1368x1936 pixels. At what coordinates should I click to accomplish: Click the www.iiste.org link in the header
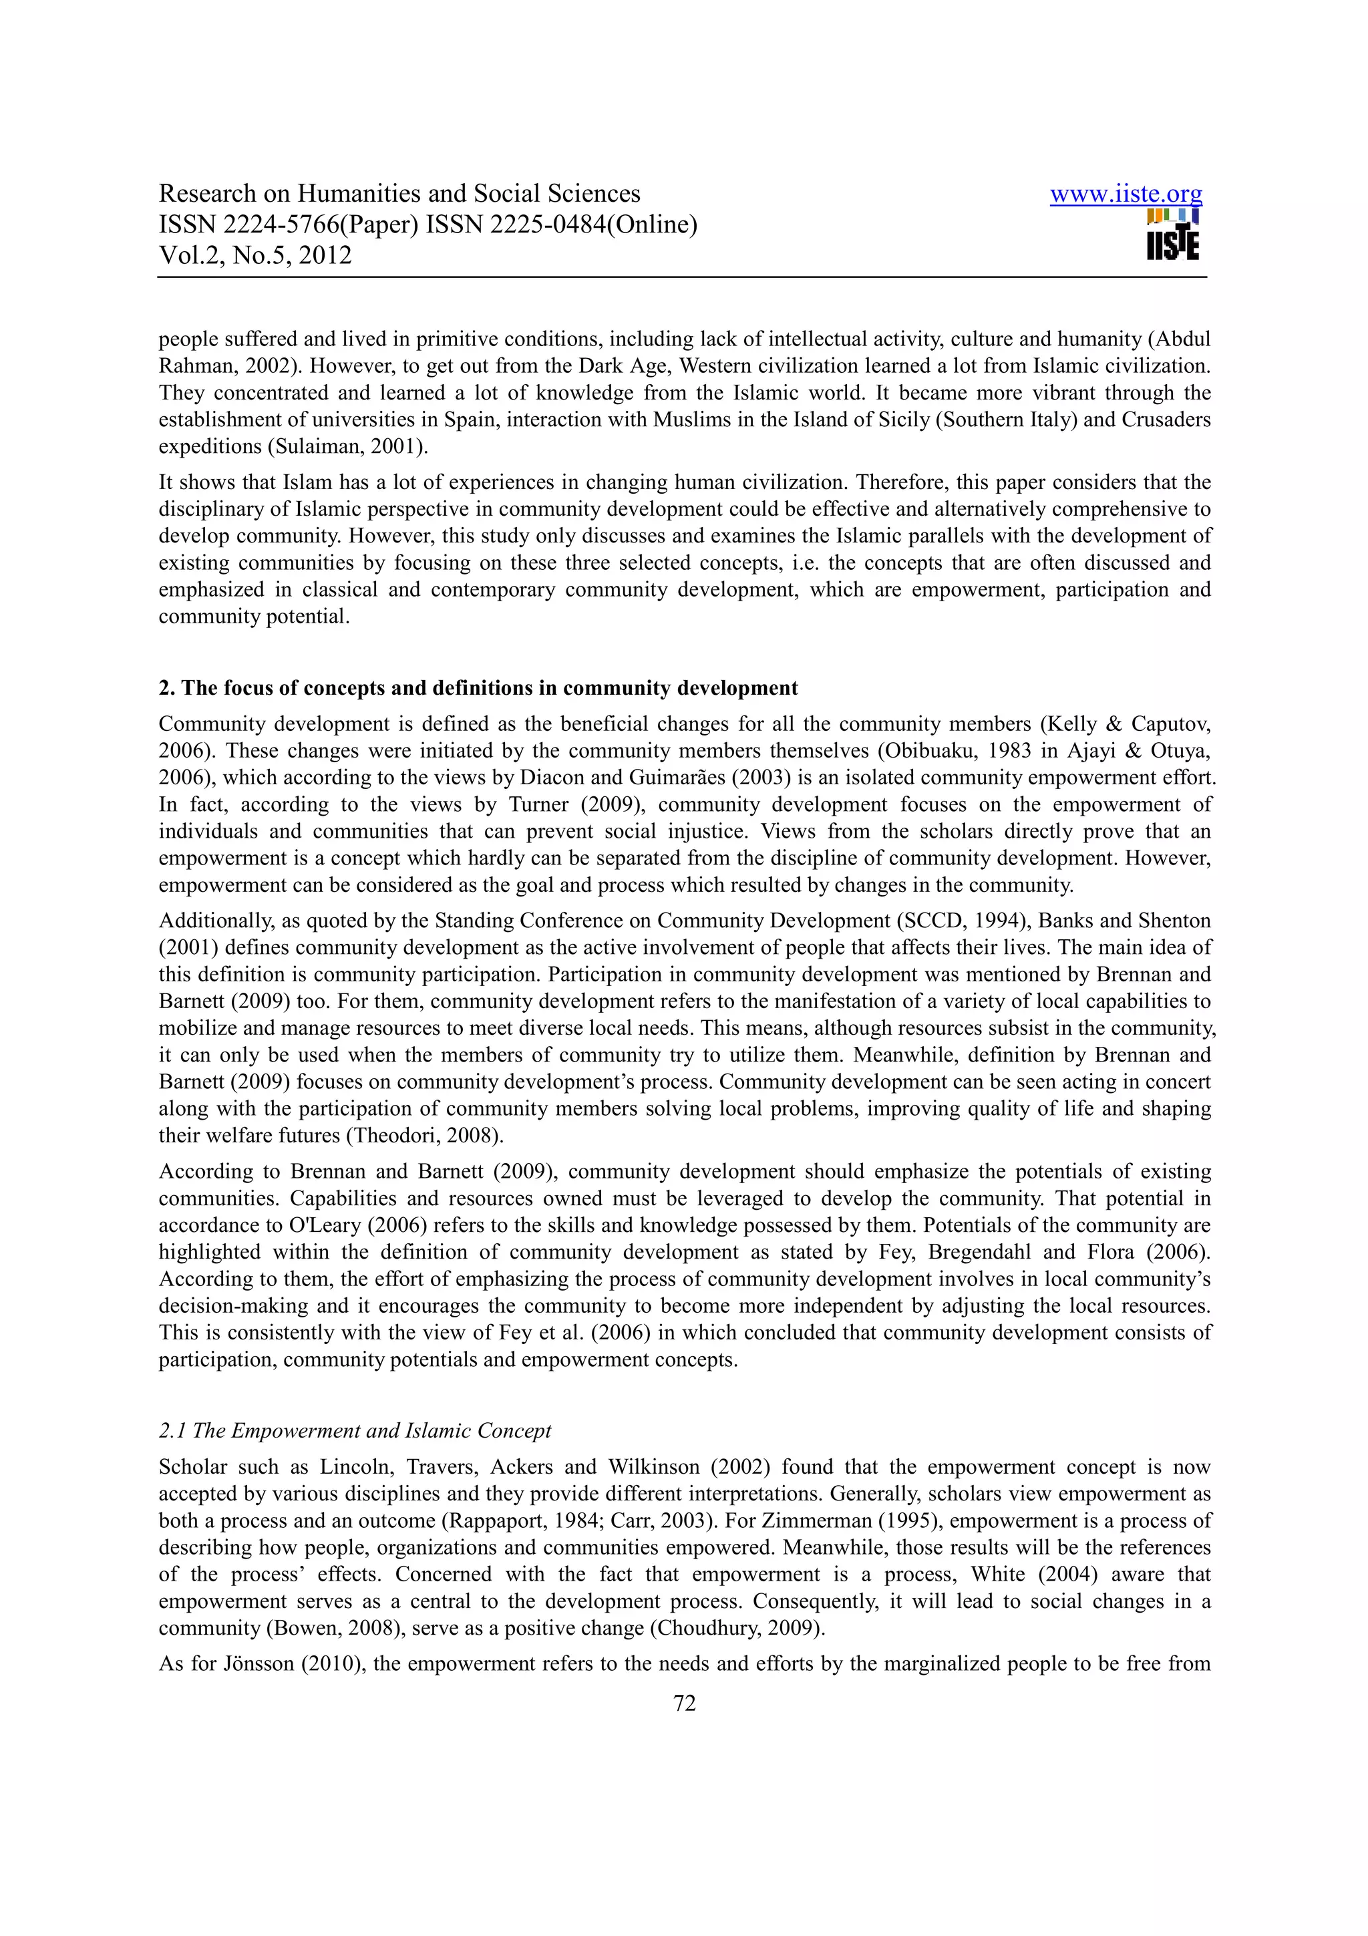(x=1126, y=195)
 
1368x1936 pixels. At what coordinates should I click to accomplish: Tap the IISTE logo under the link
(x=1172, y=235)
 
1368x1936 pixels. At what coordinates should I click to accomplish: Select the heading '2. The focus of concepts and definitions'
(x=478, y=688)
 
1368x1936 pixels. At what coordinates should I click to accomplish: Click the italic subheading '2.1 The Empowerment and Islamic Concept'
(x=354, y=1431)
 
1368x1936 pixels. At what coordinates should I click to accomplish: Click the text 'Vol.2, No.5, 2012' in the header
(x=254, y=255)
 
